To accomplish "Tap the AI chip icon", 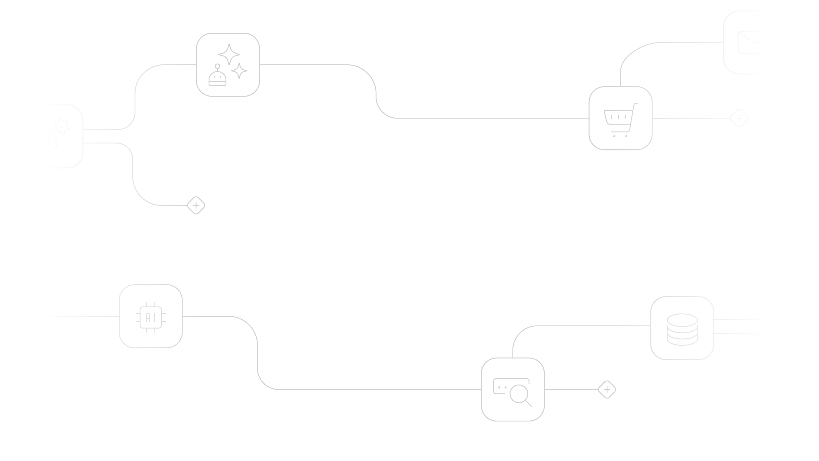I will coord(151,317).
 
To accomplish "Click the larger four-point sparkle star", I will coord(229,54).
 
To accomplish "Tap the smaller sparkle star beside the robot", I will coord(239,71).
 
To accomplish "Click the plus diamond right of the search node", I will coord(607,389).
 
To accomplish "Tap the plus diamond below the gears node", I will coord(196,205).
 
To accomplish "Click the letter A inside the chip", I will coord(148,318).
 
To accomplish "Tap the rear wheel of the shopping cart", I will coord(614,136).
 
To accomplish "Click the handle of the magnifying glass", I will coord(529,403).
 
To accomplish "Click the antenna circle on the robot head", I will coord(217,66).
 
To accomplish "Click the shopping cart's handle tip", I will coord(636,103).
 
